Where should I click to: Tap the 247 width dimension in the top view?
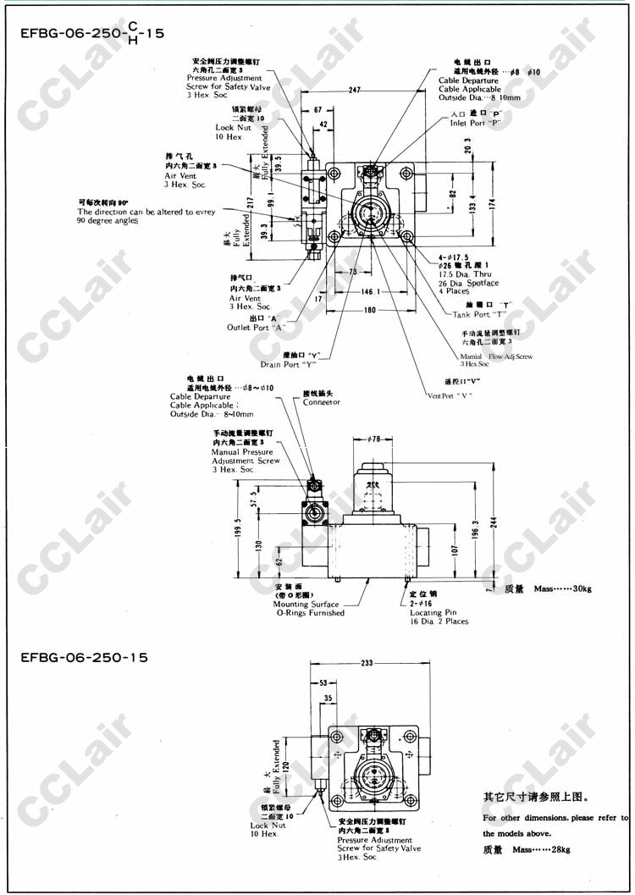point(355,89)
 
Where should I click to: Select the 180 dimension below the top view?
point(369,310)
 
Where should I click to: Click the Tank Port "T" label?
point(483,314)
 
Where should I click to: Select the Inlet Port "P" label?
point(476,122)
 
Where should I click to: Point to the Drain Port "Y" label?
point(288,365)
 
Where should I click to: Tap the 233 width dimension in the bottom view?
point(366,664)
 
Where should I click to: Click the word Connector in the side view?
point(322,402)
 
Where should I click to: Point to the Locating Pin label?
point(433,612)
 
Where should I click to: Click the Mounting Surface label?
point(306,605)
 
